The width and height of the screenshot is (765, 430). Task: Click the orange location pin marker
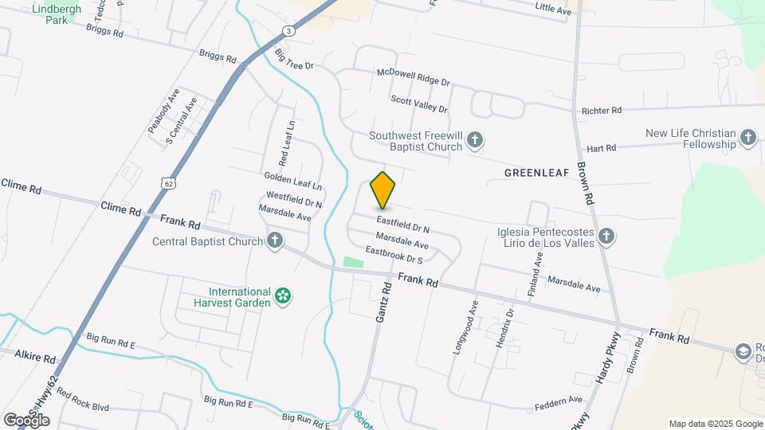[383, 190]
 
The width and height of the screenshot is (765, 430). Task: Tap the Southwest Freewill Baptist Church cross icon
[475, 141]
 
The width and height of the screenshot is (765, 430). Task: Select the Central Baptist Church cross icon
[275, 240]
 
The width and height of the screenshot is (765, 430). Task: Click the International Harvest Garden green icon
[282, 296]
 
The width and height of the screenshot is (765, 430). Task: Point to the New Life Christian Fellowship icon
[748, 139]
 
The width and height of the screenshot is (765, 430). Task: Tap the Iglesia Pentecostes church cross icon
[606, 236]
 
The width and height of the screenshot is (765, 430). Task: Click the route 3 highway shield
[288, 30]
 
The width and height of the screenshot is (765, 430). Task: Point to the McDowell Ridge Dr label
[414, 76]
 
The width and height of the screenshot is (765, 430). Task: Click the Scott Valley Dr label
[419, 104]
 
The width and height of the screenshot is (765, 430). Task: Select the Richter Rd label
[602, 111]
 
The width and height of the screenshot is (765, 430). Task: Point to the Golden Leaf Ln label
[293, 180]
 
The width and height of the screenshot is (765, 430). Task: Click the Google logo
[26, 420]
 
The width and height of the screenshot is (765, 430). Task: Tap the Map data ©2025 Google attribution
[715, 424]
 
